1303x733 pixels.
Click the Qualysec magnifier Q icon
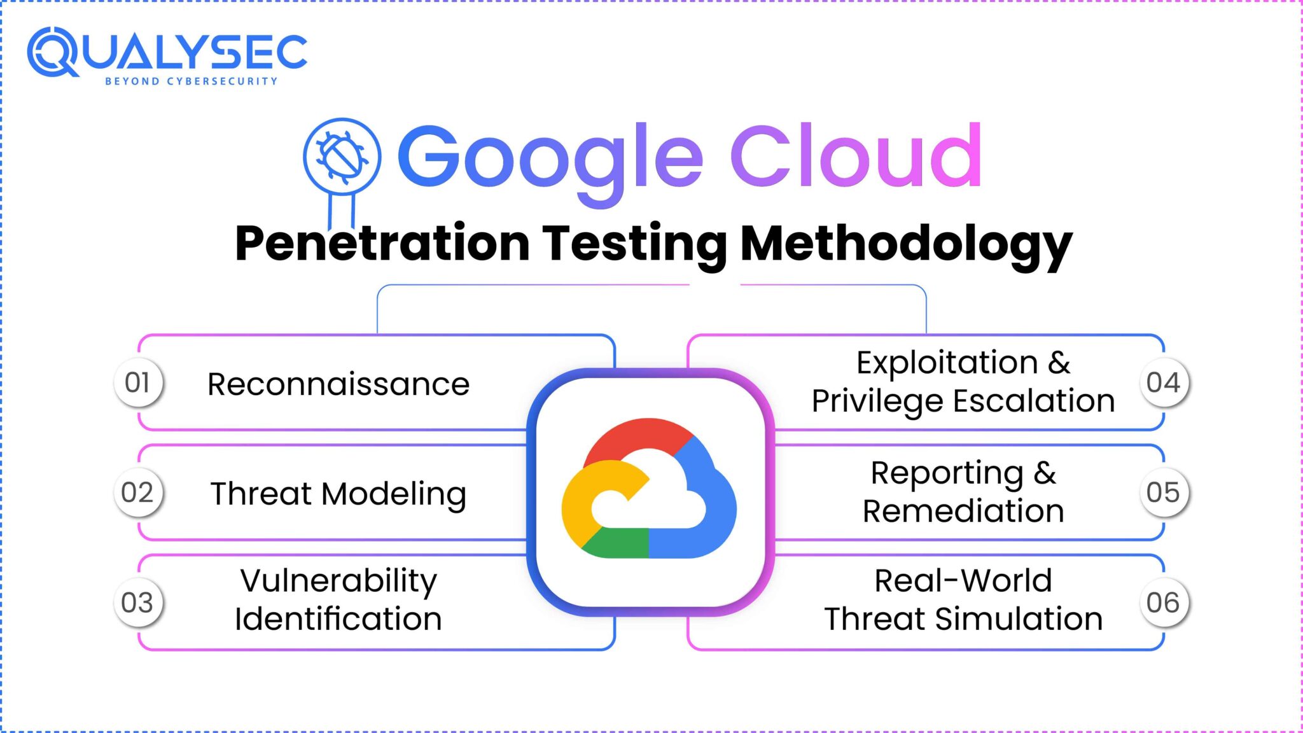tap(52, 52)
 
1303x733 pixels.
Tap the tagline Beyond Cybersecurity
tap(191, 81)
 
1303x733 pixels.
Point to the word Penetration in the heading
tap(382, 243)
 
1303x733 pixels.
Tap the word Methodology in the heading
tap(906, 244)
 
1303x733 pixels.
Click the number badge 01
tap(138, 382)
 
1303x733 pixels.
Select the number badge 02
tap(138, 492)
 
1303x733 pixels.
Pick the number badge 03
tap(138, 603)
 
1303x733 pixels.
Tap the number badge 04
tap(1163, 382)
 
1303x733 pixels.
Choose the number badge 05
tap(1163, 492)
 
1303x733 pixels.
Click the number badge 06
tap(1163, 603)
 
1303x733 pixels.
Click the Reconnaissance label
tap(338, 384)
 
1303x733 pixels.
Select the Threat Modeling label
tap(338, 494)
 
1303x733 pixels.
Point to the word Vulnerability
tap(338, 581)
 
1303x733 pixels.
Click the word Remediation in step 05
tap(963, 511)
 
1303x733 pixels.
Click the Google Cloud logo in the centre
tap(650, 489)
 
